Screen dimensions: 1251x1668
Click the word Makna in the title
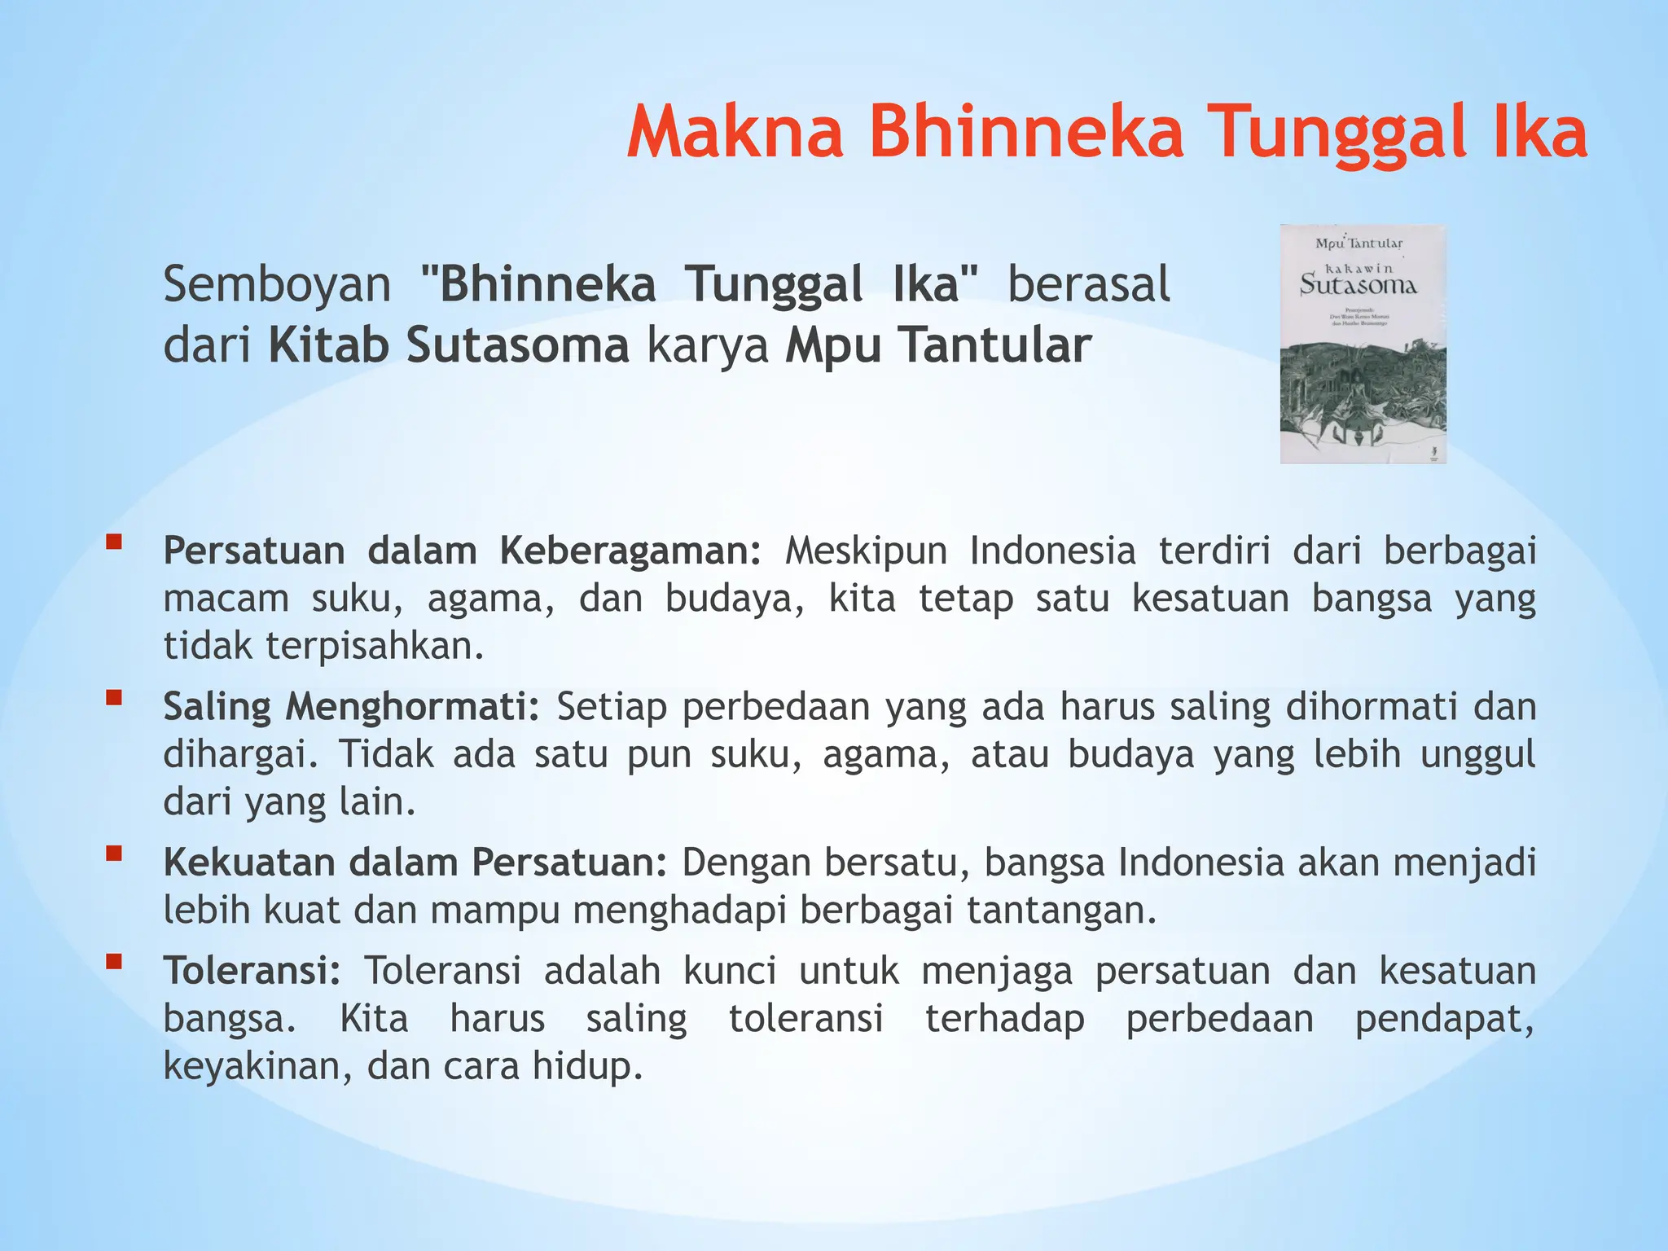tap(735, 133)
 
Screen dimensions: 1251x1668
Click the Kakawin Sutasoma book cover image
tap(1363, 344)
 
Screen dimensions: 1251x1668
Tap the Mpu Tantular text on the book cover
tap(1359, 244)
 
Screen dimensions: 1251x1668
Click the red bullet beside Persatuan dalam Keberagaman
tap(114, 541)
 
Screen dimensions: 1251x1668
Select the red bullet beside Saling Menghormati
tap(114, 697)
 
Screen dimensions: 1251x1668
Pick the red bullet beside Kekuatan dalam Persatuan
tap(114, 853)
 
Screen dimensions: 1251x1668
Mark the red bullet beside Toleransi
tap(114, 962)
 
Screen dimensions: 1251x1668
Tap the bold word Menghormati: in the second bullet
tap(412, 706)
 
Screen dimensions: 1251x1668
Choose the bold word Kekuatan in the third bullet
tap(249, 863)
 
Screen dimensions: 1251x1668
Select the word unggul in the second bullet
tap(1477, 754)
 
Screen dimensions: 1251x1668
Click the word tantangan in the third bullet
tap(1061, 910)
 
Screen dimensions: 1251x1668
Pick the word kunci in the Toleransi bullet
tap(730, 971)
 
